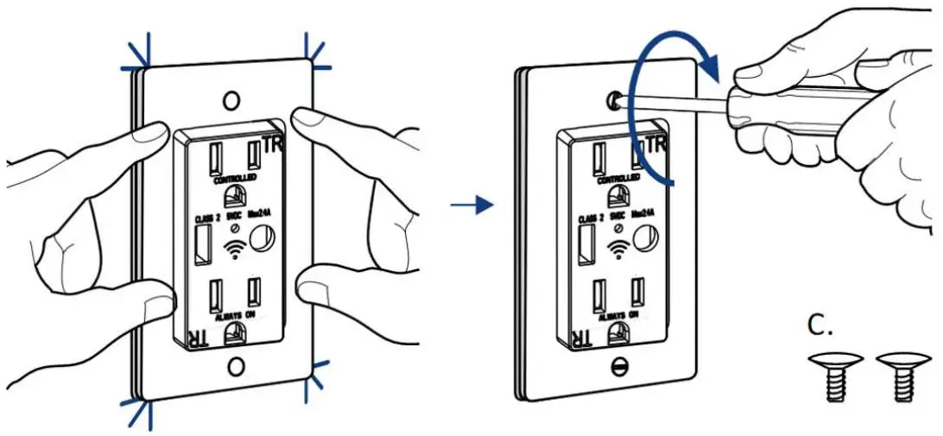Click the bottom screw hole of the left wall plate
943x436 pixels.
[235, 367]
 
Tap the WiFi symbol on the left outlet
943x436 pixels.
[231, 250]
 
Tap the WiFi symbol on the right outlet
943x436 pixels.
[615, 250]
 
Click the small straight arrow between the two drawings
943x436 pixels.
[471, 205]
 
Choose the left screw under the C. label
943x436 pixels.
[831, 377]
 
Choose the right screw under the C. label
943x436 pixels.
[897, 377]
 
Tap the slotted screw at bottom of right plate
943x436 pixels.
[617, 366]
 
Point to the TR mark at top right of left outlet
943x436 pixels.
[275, 144]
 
